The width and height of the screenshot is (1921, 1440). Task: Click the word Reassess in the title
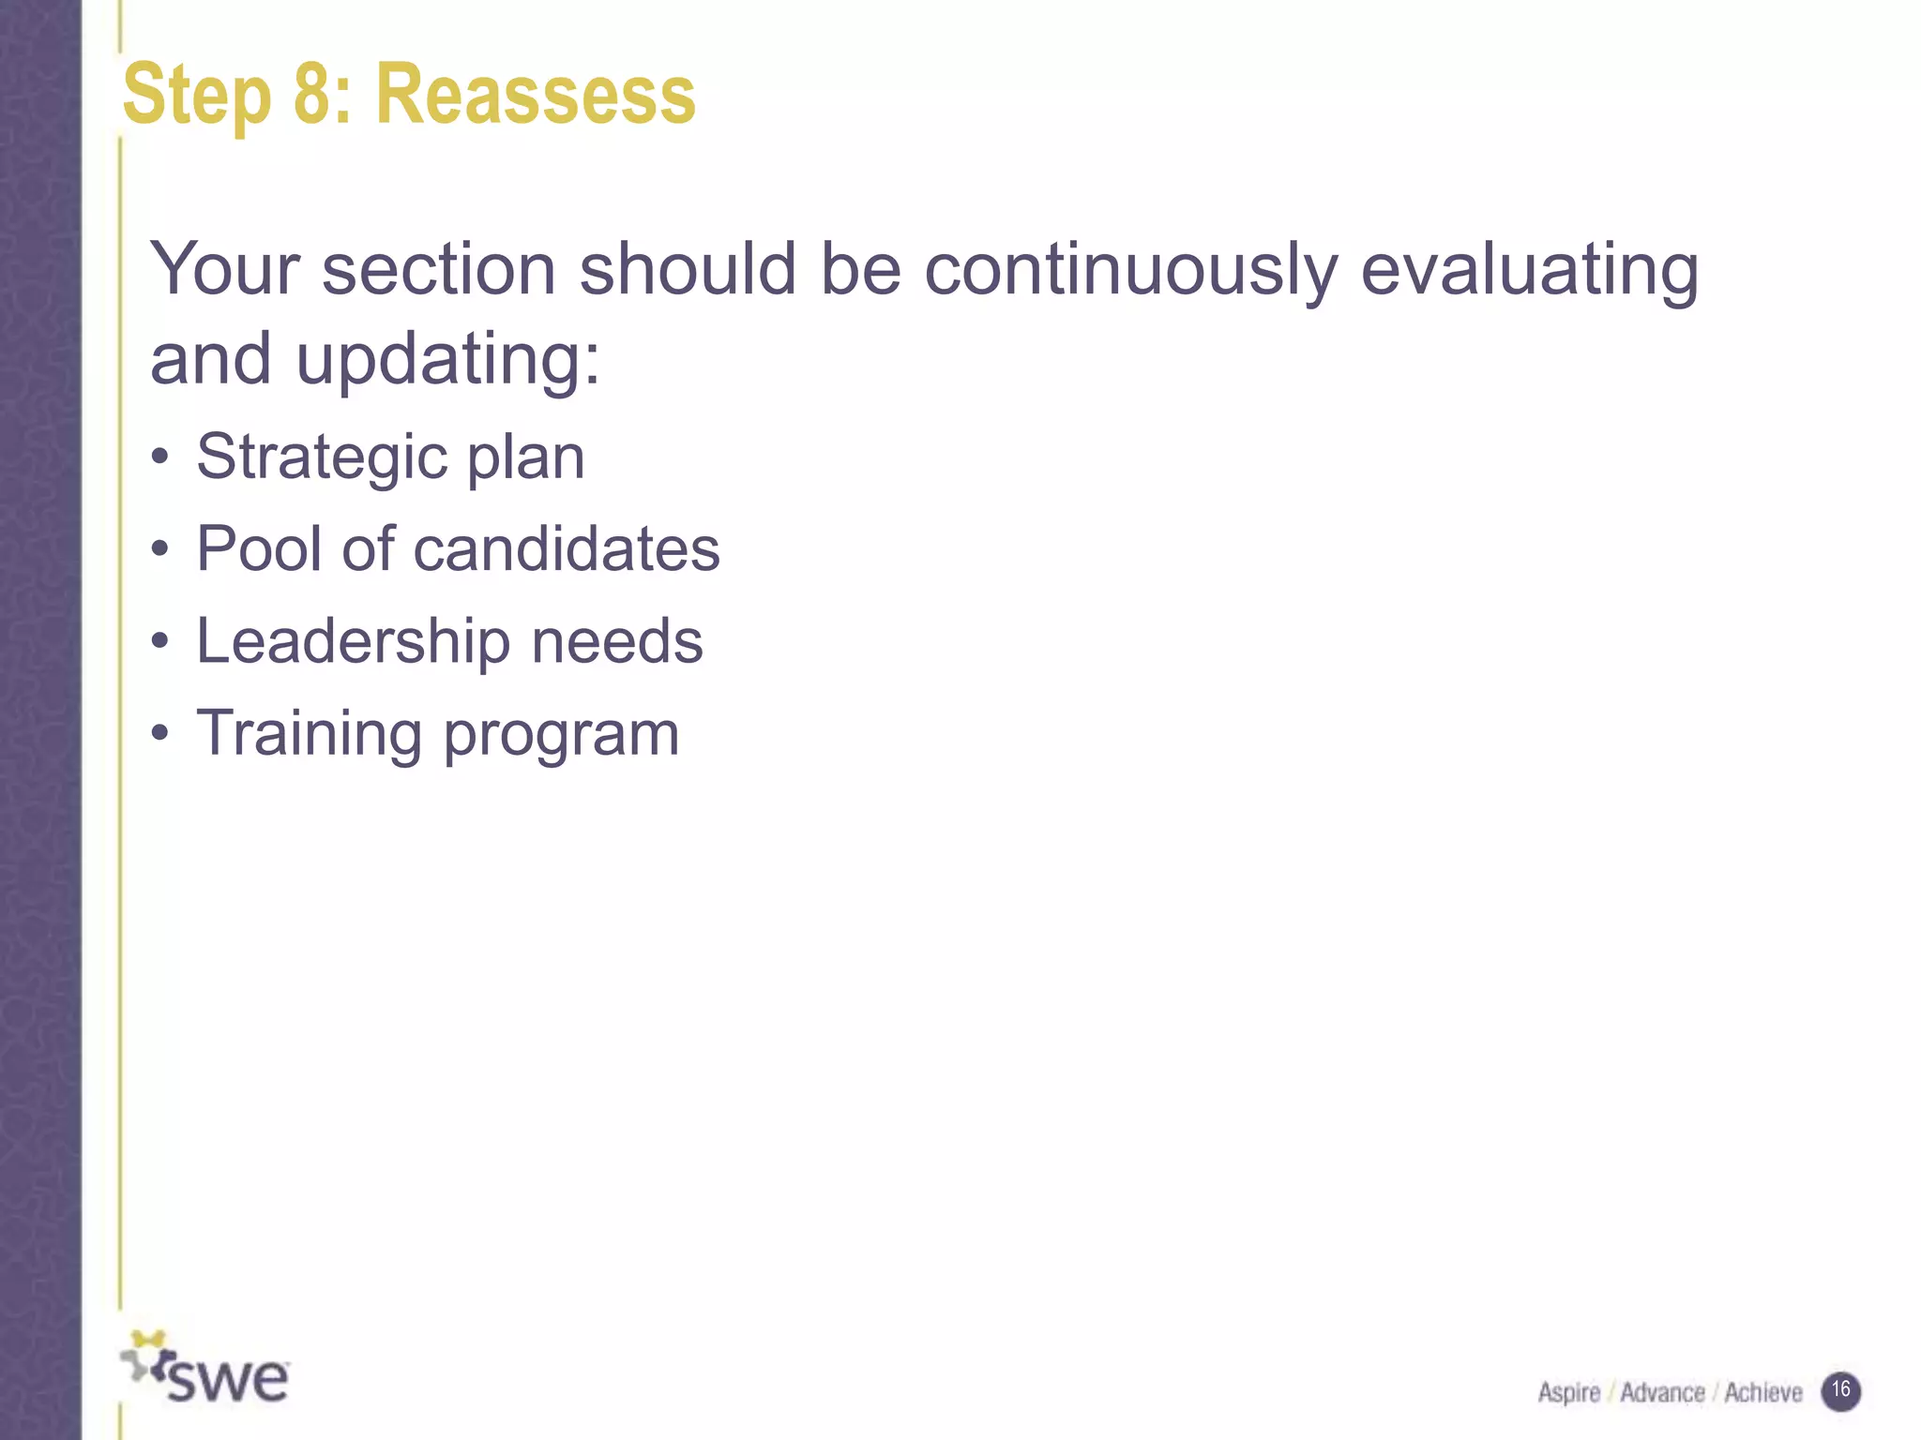536,95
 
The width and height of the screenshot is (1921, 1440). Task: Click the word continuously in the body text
1130,271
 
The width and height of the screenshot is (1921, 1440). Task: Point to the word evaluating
1529,271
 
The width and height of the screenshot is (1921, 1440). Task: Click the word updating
448,361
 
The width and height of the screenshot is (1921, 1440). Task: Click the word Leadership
352,642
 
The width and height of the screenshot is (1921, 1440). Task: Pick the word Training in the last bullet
309,734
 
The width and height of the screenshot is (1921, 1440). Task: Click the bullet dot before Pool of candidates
161,549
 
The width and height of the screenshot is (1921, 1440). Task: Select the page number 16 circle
1840,1390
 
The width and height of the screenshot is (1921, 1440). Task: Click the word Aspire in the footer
1568,1393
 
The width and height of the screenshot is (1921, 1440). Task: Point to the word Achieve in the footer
1762,1393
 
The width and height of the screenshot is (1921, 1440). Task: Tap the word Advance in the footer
1662,1393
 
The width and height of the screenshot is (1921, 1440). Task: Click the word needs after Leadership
617,642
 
